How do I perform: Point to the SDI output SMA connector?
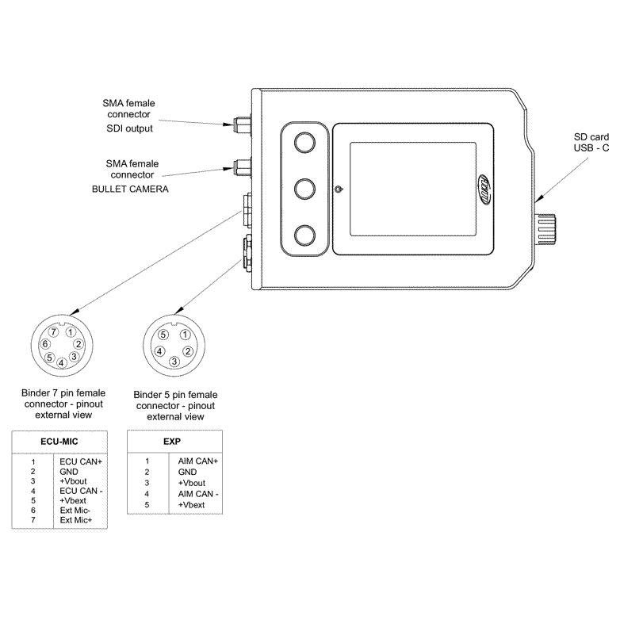click(x=239, y=124)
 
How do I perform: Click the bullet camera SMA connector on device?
click(x=239, y=166)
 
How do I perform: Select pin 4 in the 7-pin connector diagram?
click(x=62, y=363)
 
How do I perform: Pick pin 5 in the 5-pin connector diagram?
click(x=164, y=335)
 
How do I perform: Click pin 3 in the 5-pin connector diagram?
click(x=174, y=362)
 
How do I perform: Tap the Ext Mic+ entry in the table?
click(x=76, y=520)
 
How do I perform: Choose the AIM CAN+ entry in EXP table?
click(x=198, y=461)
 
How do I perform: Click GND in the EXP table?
click(x=187, y=472)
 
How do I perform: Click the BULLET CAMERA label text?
click(x=131, y=190)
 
